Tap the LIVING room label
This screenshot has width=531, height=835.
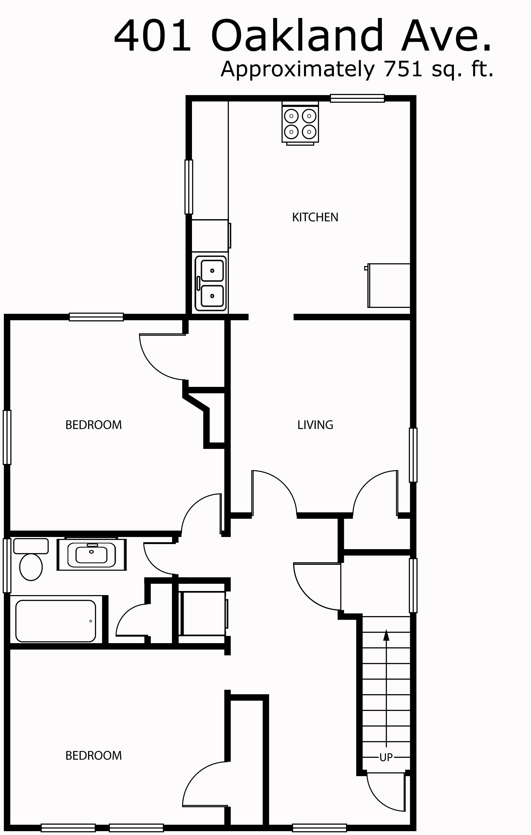click(315, 425)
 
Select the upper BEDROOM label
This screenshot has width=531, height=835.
click(94, 425)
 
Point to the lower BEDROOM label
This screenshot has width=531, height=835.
click(94, 756)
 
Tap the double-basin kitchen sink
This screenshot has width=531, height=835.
click(211, 283)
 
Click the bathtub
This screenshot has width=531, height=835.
click(55, 621)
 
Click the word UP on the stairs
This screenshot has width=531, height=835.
click(386, 758)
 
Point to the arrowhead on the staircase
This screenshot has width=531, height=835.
click(386, 635)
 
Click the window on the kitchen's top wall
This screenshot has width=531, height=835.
click(357, 98)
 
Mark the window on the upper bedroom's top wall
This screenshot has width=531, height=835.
click(96, 317)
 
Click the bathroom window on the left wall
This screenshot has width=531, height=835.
click(7, 566)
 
